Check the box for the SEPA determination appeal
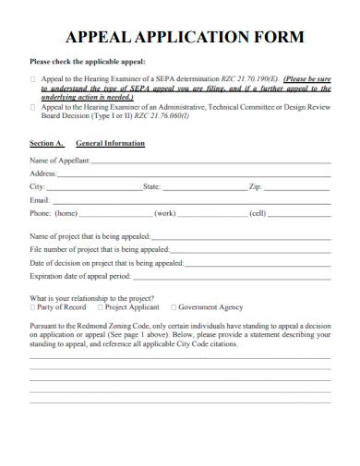click(33, 80)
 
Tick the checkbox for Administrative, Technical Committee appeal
click(33, 107)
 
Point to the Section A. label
click(47, 144)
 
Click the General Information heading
click(110, 144)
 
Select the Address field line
click(194, 173)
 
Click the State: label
click(152, 186)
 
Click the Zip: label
click(256, 186)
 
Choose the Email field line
click(190, 199)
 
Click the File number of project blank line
click(250, 249)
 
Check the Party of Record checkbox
click(33, 307)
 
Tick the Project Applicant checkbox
click(100, 307)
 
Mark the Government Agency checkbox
click(173, 307)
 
